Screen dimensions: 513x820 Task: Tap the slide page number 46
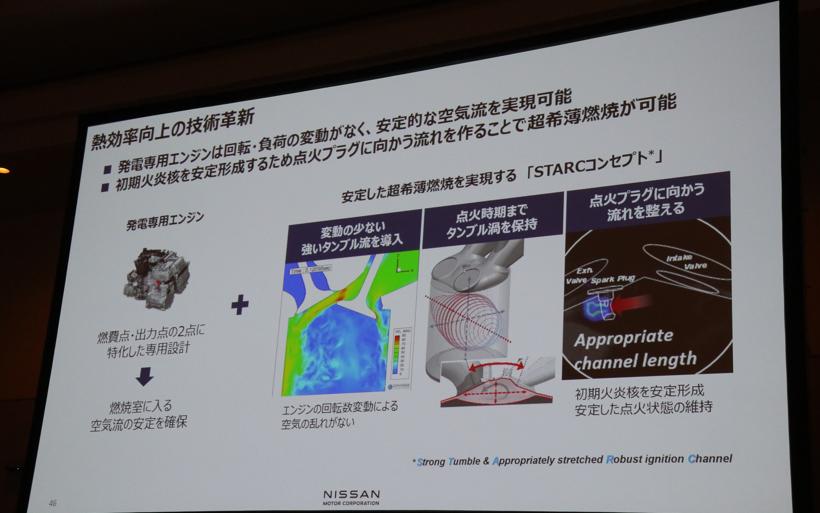tap(53, 503)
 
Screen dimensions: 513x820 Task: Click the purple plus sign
tap(240, 305)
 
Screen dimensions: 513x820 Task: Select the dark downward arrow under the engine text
tap(144, 377)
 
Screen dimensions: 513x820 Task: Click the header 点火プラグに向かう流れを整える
tap(647, 203)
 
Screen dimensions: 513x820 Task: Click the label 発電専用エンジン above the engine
tap(165, 221)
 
